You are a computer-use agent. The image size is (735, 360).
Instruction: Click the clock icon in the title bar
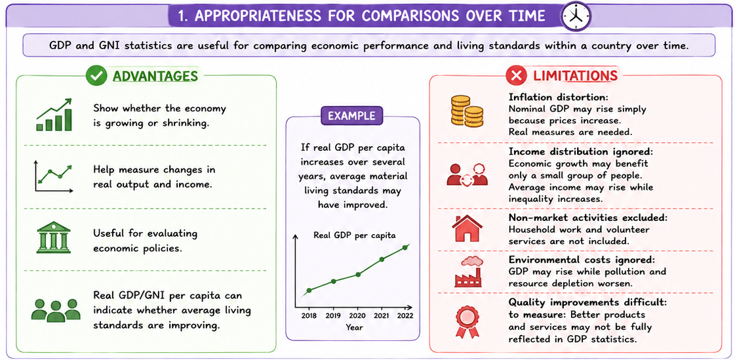tap(576, 16)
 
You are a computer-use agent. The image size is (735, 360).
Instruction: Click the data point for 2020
tap(358, 274)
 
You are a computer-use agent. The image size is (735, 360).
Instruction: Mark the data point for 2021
tap(382, 259)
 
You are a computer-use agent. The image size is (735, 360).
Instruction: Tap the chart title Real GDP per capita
tap(355, 235)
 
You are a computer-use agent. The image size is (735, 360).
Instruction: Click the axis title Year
tap(354, 327)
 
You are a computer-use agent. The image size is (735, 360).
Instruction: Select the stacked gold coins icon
tap(467, 111)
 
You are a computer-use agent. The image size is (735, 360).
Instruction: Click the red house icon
tap(467, 228)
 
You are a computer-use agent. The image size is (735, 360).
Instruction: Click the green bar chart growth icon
tap(54, 114)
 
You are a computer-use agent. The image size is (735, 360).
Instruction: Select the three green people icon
tap(56, 310)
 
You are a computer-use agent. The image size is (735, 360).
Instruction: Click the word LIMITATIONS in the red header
tap(575, 76)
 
